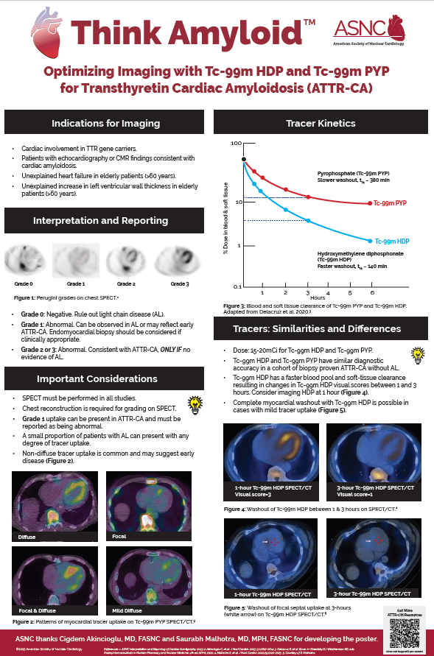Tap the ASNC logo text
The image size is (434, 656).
tap(356, 28)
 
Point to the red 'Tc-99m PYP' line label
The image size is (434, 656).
tap(390, 202)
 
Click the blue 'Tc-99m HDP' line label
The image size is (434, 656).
tap(391, 241)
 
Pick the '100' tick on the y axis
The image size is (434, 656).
tap(236, 143)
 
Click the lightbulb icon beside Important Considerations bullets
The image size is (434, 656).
tap(196, 403)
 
